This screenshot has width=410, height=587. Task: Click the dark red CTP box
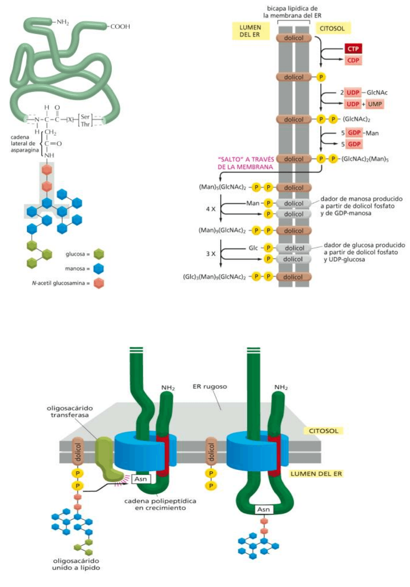353,49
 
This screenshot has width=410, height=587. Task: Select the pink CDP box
353,60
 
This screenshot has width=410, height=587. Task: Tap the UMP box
375,104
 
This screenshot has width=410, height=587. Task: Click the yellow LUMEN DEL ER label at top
250,31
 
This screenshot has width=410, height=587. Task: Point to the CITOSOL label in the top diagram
332,29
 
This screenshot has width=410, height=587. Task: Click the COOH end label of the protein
120,26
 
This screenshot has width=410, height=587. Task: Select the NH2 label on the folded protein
63,22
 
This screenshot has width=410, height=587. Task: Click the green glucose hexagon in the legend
99,254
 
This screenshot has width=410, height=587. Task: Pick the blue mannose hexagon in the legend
99,268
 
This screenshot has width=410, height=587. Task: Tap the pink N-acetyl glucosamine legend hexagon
99,283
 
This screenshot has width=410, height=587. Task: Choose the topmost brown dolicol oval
294,38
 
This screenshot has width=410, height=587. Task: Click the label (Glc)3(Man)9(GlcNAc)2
214,277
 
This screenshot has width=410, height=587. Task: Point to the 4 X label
211,209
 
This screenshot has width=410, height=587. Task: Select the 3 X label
211,254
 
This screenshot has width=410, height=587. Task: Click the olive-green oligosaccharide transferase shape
106,458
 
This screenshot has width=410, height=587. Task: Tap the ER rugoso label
210,386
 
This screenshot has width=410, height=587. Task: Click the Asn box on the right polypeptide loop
263,509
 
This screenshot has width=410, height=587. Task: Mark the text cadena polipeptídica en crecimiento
160,504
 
